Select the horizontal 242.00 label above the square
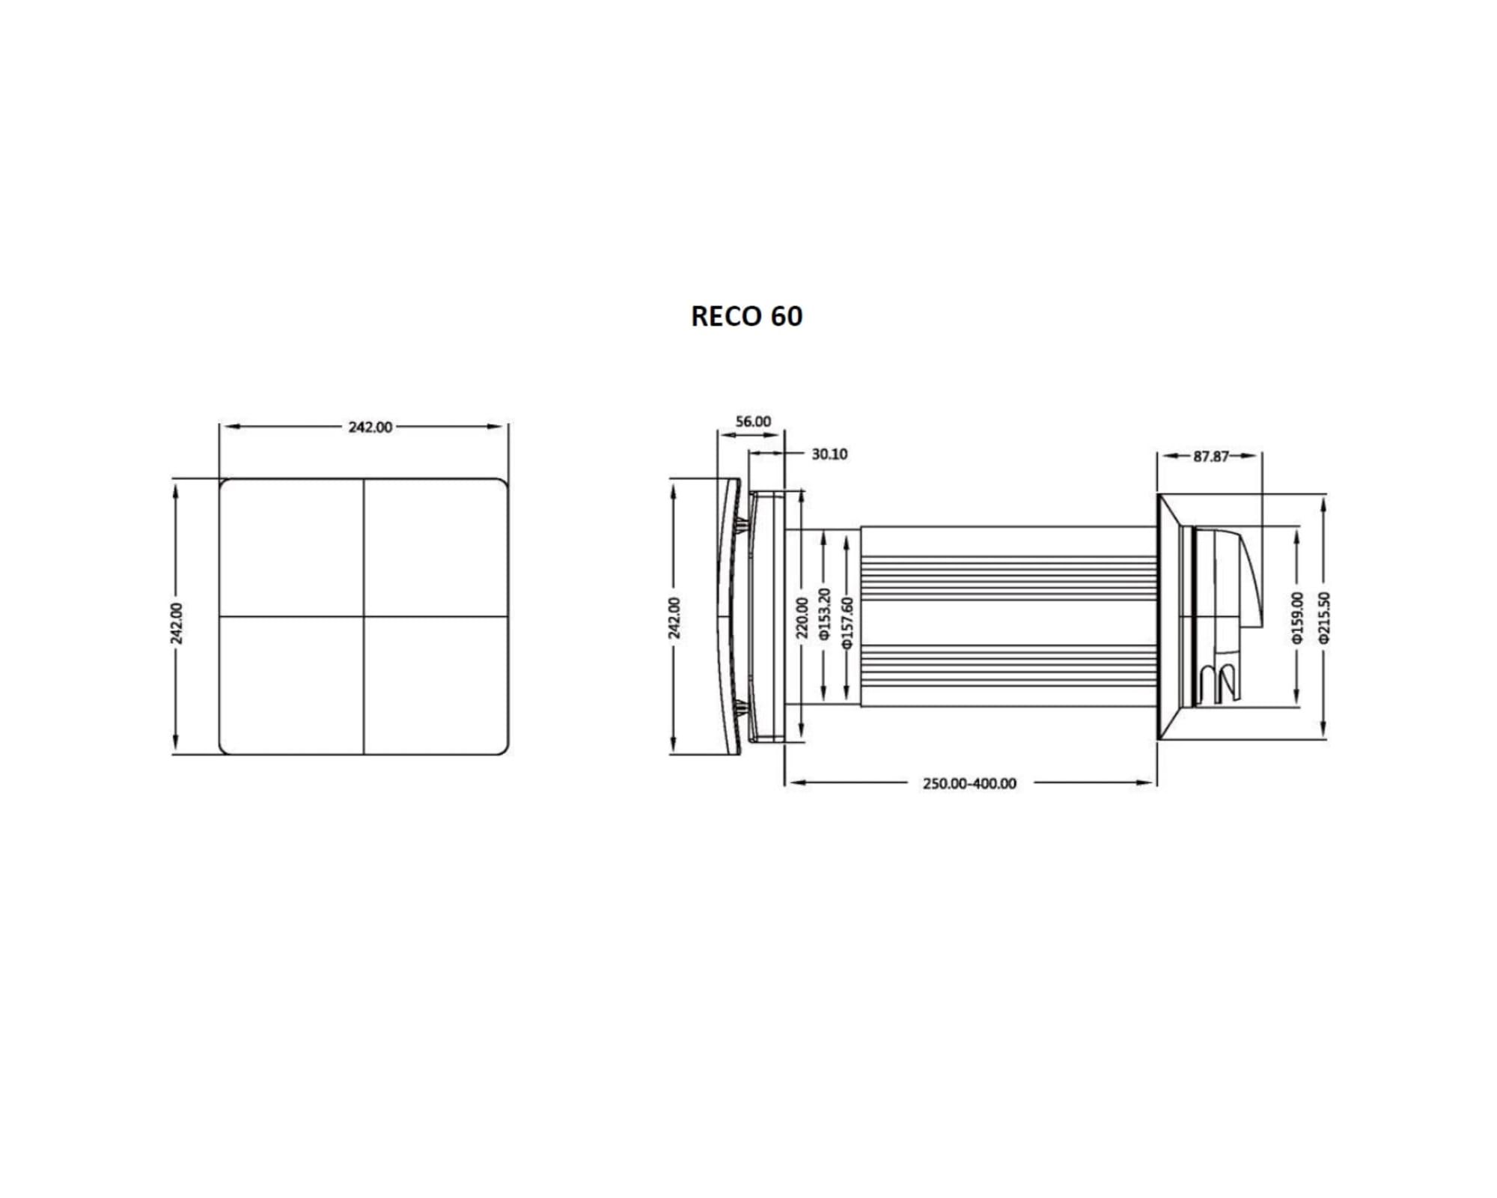370,427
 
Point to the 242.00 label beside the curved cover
674,618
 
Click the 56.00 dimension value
753,422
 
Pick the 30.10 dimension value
829,454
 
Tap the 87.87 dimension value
1211,457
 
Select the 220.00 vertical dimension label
802,618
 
